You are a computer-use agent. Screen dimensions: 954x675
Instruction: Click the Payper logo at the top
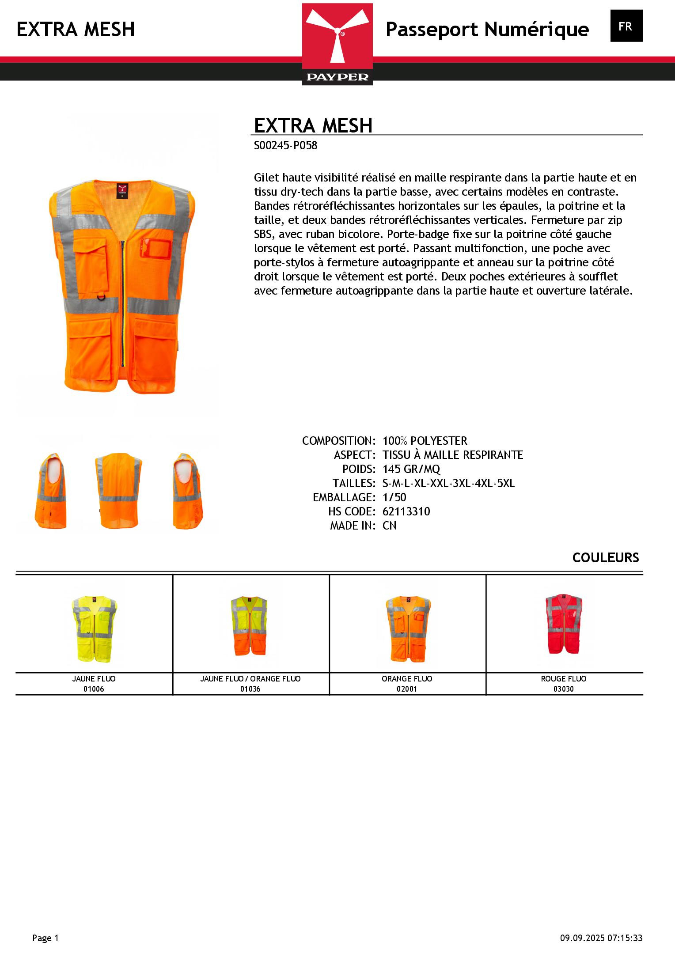tap(337, 44)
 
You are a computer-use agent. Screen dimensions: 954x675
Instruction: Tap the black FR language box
tap(626, 26)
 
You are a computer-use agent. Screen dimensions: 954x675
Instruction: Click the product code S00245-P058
tap(285, 146)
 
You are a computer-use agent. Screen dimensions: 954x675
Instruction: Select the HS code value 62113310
tap(406, 511)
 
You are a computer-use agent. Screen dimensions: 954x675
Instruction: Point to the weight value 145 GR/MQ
tap(411, 469)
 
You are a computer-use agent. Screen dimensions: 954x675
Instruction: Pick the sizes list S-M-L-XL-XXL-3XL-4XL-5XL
tap(448, 483)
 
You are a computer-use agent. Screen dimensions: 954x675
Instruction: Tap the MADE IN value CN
tap(389, 526)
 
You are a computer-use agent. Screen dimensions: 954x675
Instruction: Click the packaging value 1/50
tap(394, 497)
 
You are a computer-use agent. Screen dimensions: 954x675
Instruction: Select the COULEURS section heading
tap(605, 558)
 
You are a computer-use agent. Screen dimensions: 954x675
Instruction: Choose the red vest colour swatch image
tap(564, 624)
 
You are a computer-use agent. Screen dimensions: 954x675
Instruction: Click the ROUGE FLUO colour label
tap(564, 678)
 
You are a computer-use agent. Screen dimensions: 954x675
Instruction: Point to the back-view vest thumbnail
tap(118, 490)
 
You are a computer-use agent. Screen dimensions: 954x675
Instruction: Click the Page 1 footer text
tap(46, 938)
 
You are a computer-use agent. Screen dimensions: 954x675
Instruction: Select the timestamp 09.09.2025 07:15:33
tap(601, 938)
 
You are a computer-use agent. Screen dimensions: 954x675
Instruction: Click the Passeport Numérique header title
tap(487, 30)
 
